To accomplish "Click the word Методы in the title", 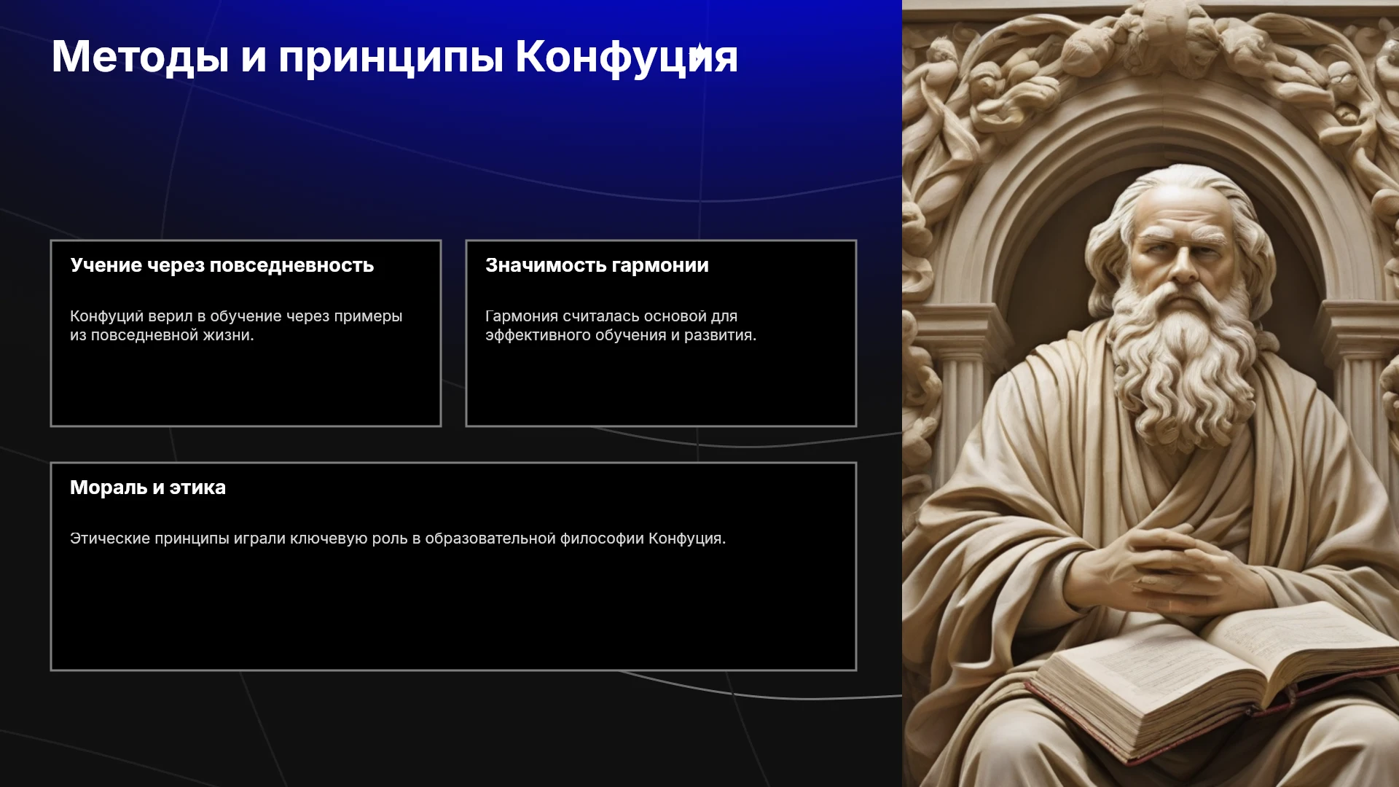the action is pyautogui.click(x=140, y=57).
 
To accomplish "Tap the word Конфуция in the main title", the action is pyautogui.click(x=627, y=57).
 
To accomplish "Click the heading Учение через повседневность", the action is pyautogui.click(x=222, y=265).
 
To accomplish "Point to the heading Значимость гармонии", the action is pyautogui.click(x=597, y=265).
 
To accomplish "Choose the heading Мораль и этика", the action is pyautogui.click(x=148, y=488).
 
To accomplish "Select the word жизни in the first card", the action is pyautogui.click(x=232, y=335).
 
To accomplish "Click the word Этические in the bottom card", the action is pyautogui.click(x=110, y=539).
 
